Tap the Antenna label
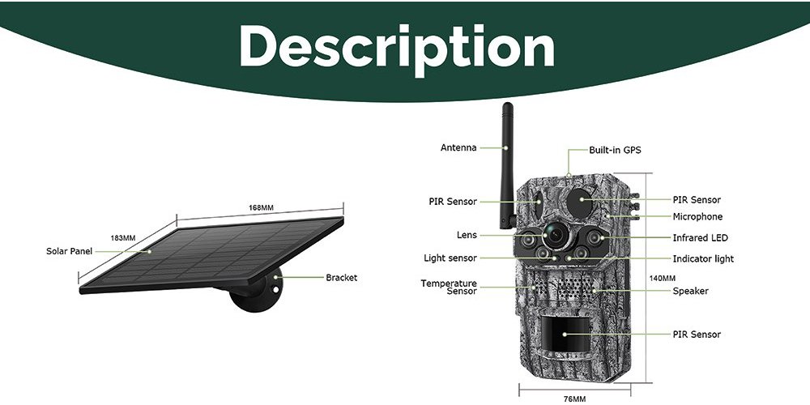click(x=458, y=147)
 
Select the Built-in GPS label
click(x=615, y=151)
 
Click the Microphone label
click(x=697, y=217)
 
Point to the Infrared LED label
click(x=700, y=238)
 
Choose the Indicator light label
click(x=703, y=259)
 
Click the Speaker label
click(x=690, y=292)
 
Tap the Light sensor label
click(x=450, y=258)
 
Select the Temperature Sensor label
click(x=449, y=288)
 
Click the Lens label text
click(x=467, y=235)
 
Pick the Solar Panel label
click(x=69, y=252)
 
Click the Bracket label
click(x=341, y=278)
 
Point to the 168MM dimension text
click(x=261, y=207)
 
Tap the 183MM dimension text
click(x=123, y=238)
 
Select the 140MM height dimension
click(x=663, y=279)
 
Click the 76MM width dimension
click(x=574, y=399)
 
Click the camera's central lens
click(x=556, y=235)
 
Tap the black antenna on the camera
click(x=507, y=166)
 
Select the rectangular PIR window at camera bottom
click(x=565, y=335)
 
